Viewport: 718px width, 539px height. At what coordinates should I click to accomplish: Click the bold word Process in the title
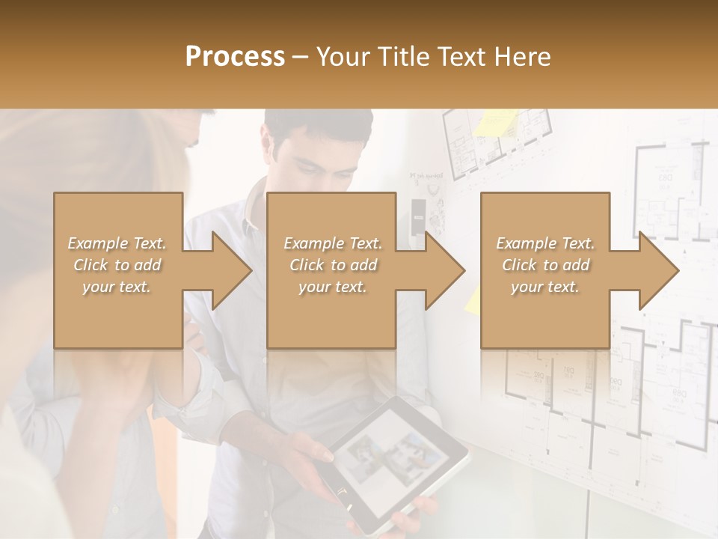click(x=235, y=57)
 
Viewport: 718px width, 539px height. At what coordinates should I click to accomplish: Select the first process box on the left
click(x=118, y=270)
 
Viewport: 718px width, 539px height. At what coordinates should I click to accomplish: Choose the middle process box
click(x=331, y=270)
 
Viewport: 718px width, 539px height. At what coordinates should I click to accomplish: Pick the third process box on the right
click(x=545, y=270)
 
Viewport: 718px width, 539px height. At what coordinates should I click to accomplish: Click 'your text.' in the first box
click(x=117, y=287)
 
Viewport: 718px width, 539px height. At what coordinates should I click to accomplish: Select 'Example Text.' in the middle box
click(x=333, y=243)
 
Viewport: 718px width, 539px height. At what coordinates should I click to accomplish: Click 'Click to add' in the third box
click(x=546, y=265)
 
